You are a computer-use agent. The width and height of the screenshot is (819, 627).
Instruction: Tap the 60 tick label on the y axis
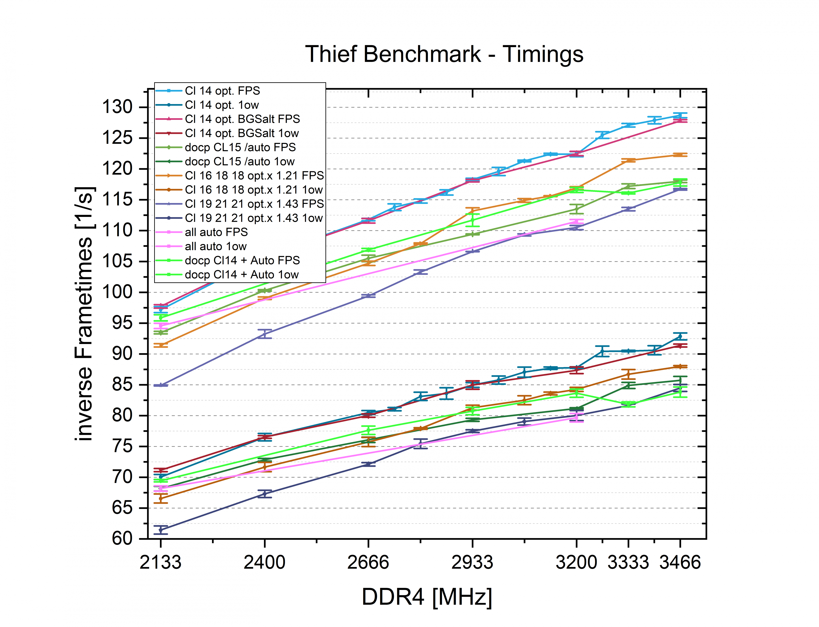[122, 538]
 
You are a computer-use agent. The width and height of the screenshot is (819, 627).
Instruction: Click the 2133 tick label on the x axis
[161, 562]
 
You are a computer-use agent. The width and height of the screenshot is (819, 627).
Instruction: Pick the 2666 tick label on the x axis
[368, 562]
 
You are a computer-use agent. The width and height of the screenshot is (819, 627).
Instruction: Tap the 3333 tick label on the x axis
[628, 562]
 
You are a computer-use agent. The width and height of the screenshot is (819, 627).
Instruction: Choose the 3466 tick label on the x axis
[680, 562]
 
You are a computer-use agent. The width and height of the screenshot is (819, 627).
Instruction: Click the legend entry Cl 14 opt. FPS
[222, 91]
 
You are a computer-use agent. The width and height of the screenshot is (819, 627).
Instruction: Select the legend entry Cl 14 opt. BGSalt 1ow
[241, 133]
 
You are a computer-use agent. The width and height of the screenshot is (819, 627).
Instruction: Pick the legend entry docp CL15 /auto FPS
[240, 147]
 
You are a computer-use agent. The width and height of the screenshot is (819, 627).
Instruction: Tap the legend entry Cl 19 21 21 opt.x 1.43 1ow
[253, 218]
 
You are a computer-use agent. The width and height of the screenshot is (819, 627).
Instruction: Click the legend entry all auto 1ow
[215, 246]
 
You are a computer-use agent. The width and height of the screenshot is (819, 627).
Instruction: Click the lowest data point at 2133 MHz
[161, 530]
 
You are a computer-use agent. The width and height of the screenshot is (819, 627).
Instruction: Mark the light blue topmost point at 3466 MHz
[680, 116]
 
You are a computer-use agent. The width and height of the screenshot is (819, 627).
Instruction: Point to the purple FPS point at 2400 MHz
[265, 334]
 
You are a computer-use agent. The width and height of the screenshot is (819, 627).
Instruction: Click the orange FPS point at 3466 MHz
[680, 154]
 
